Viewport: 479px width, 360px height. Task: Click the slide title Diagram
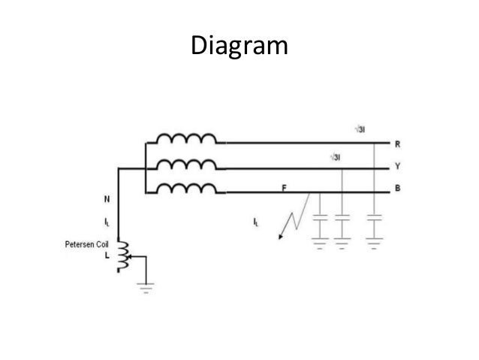click(239, 46)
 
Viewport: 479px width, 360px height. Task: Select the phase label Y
click(397, 166)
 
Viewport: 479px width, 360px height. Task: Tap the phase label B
click(397, 189)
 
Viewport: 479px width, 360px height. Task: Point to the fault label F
click(285, 187)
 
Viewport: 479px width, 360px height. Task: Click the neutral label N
click(107, 200)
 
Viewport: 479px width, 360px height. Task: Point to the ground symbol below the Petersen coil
click(144, 285)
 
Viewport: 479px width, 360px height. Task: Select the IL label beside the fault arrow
click(259, 221)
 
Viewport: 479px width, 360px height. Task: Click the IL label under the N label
click(107, 222)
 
